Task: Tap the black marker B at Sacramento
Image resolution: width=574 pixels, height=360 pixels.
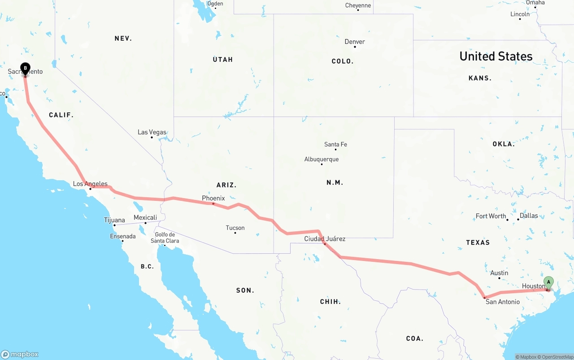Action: [x=26, y=69]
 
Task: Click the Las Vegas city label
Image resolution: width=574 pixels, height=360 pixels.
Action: [x=152, y=132]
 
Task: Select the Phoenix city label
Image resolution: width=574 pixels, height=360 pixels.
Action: [x=213, y=198]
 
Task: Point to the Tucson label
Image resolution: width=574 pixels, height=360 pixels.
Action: [x=235, y=228]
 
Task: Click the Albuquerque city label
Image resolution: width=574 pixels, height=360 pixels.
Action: [x=321, y=159]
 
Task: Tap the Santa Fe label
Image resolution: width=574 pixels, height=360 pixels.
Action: [x=335, y=144]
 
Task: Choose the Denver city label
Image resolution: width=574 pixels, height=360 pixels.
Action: [x=354, y=42]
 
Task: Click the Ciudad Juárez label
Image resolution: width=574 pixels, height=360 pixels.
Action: [x=325, y=239]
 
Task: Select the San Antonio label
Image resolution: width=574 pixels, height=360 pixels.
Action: [x=503, y=302]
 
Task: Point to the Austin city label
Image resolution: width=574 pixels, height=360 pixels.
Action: [x=499, y=273]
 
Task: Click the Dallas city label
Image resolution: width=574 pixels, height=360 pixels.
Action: [x=528, y=216]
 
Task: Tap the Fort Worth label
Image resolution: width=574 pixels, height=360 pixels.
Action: [x=491, y=216]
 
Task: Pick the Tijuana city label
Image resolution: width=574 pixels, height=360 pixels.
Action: [x=114, y=220]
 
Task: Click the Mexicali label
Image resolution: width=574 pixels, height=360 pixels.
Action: [x=145, y=218]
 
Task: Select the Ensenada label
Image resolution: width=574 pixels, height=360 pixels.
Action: [x=123, y=236]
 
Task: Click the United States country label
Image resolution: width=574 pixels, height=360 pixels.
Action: [x=496, y=56]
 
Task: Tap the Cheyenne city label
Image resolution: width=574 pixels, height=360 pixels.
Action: [x=358, y=5]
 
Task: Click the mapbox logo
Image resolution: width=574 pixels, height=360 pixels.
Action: [x=20, y=354]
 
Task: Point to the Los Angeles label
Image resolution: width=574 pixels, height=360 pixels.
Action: [x=90, y=184]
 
